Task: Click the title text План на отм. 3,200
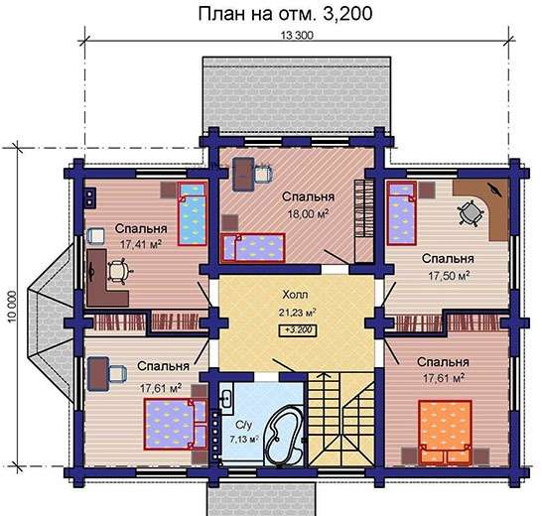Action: coord(285,14)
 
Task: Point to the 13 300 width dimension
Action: coord(297,36)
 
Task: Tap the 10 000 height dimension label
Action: coord(12,308)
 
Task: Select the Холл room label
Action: coord(295,295)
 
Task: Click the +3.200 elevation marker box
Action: coord(298,330)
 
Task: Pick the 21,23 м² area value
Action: coord(297,313)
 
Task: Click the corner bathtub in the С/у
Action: coord(284,434)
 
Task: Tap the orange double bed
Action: coord(445,433)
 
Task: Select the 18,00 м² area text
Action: coord(308,213)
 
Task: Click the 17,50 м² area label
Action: coord(449,276)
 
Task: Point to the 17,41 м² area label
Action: coord(141,244)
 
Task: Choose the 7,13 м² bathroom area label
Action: coord(244,440)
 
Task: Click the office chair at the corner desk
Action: coord(470,213)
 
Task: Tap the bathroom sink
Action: coord(226,400)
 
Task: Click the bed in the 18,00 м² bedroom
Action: coord(253,248)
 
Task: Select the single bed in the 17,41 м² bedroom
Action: coord(192,214)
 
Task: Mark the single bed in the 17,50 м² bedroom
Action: coord(401,213)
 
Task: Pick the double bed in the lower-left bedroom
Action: coord(176,424)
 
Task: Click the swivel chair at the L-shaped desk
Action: coord(118,271)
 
